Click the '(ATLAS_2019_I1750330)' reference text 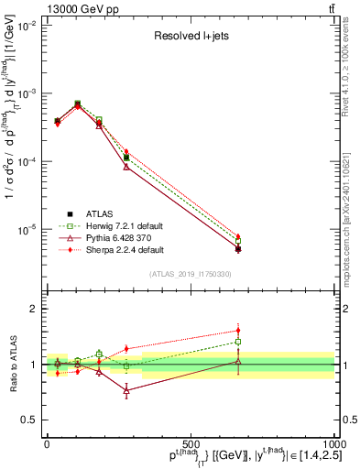[191, 274]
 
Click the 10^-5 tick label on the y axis [26, 229]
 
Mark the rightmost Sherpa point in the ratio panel [238, 331]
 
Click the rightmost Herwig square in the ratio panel [238, 342]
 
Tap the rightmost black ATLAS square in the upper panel [238, 249]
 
